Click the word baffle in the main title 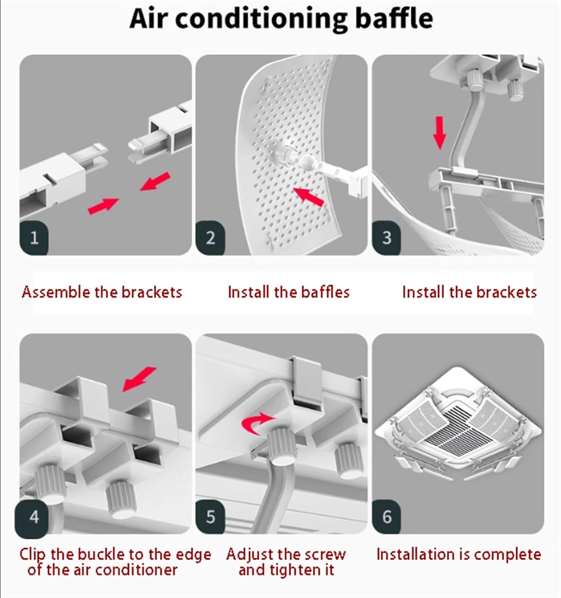pyautogui.click(x=394, y=18)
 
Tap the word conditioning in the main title pyautogui.click(x=262, y=19)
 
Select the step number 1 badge pyautogui.click(x=34, y=238)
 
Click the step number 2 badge pyautogui.click(x=210, y=238)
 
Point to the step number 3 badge pyautogui.click(x=386, y=238)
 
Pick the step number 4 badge pyautogui.click(x=34, y=517)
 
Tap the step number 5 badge pyautogui.click(x=210, y=517)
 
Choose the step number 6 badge pyautogui.click(x=386, y=517)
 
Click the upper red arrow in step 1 pyautogui.click(x=156, y=181)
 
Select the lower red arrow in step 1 pyautogui.click(x=103, y=206)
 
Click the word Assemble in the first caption pyautogui.click(x=56, y=292)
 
